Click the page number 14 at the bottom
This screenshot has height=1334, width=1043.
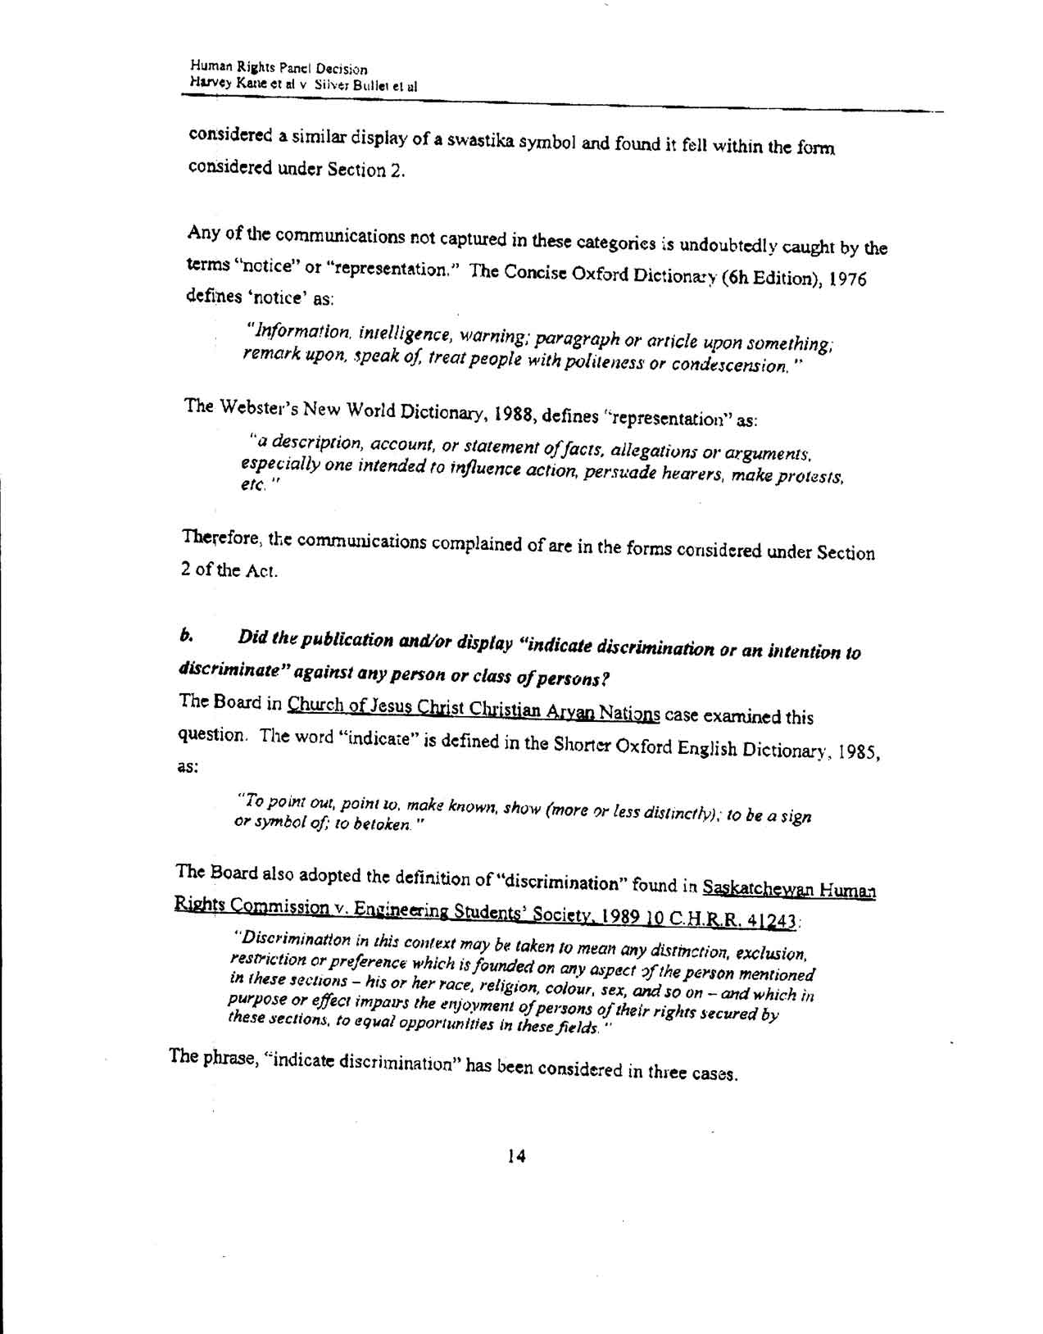click(516, 1156)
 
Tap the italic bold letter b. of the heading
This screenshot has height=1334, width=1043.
click(186, 636)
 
